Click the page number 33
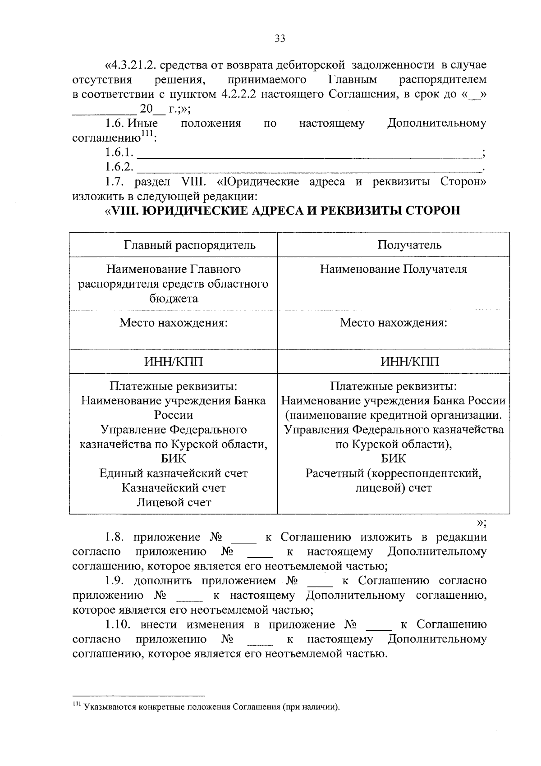(x=280, y=39)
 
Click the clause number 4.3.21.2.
(x=132, y=65)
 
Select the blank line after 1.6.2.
(x=309, y=168)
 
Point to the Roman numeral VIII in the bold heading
(x=124, y=211)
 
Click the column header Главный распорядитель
(x=189, y=245)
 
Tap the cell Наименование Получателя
(x=393, y=269)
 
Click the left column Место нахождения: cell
(x=173, y=323)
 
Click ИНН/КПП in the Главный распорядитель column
(x=173, y=362)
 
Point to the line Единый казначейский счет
(x=173, y=473)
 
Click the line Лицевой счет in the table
(x=174, y=503)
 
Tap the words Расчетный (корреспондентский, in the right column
(x=393, y=473)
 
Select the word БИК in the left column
(x=173, y=459)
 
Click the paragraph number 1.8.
(x=117, y=537)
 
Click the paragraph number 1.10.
(x=119, y=625)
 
